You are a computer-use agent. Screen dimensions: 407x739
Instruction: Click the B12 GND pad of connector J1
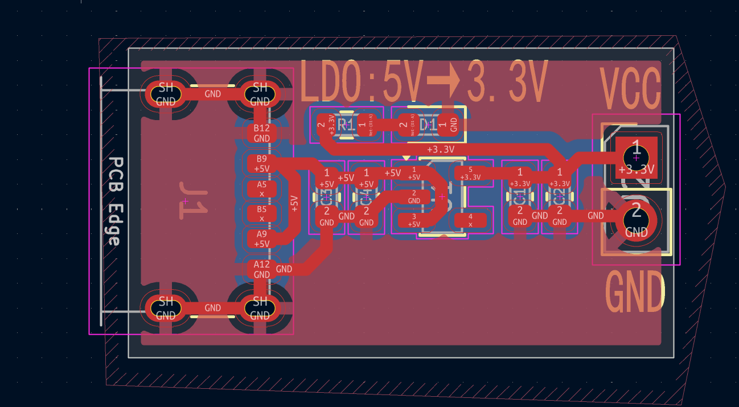(x=261, y=133)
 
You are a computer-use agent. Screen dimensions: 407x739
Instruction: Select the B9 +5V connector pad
(x=261, y=163)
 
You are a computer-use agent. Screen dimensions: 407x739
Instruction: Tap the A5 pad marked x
(x=261, y=189)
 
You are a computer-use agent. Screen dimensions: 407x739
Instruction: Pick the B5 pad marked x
(x=261, y=213)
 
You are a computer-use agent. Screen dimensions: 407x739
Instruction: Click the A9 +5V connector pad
(x=261, y=239)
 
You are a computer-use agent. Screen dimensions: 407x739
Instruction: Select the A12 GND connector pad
(x=261, y=269)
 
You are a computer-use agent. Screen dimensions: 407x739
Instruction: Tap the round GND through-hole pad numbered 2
(x=636, y=219)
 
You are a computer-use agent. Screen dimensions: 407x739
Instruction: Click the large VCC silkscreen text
(x=630, y=89)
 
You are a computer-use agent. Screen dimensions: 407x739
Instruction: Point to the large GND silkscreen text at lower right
(x=635, y=291)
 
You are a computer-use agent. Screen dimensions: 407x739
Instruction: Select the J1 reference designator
(x=192, y=201)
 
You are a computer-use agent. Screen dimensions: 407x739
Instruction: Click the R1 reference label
(x=345, y=124)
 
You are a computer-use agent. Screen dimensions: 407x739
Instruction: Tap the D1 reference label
(x=428, y=124)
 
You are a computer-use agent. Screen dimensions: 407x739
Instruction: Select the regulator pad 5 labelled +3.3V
(x=470, y=173)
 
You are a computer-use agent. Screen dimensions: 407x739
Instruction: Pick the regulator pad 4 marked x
(x=470, y=220)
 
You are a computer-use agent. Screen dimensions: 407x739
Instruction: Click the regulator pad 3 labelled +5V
(x=414, y=220)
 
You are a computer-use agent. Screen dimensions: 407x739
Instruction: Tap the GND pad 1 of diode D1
(x=453, y=124)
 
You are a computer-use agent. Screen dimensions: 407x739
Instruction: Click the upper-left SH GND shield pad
(x=166, y=94)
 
